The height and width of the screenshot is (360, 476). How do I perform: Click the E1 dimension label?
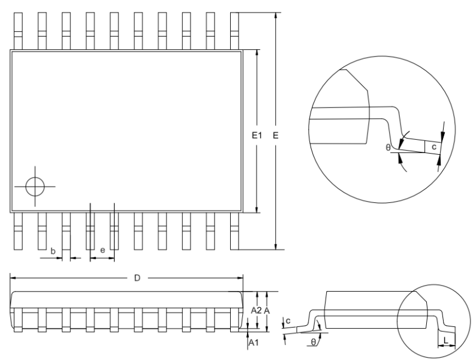tap(257, 135)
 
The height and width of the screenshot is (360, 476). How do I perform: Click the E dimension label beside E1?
tap(275, 135)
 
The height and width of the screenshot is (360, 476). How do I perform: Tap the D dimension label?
tap(137, 278)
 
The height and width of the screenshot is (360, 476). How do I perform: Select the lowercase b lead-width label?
tap(53, 251)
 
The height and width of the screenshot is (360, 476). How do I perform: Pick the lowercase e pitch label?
tap(103, 250)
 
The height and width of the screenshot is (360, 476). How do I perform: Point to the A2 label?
tap(256, 310)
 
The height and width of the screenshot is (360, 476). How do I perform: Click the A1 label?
tap(254, 343)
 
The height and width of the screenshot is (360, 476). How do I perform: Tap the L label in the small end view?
tap(446, 341)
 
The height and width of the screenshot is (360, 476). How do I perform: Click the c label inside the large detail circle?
tap(434, 147)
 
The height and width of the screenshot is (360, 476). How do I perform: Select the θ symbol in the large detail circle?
tap(388, 148)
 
